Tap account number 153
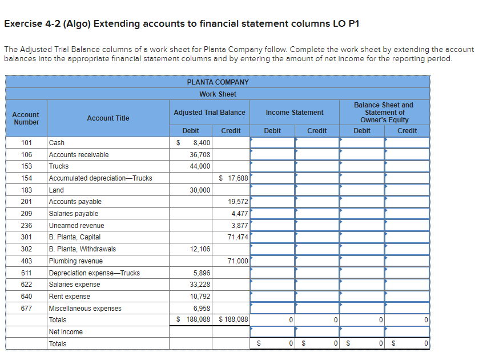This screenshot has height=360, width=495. click(x=26, y=166)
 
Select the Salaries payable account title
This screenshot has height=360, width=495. click(x=74, y=214)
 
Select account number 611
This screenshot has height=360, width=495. click(x=26, y=273)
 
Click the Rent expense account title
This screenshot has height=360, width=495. click(x=70, y=297)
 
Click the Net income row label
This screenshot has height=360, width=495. click(x=66, y=332)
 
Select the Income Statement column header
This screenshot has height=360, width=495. click(x=295, y=113)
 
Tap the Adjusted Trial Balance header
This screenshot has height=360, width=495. click(x=210, y=113)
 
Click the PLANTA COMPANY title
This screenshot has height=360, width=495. click(x=218, y=82)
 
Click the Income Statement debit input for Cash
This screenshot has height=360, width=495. click(x=272, y=143)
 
